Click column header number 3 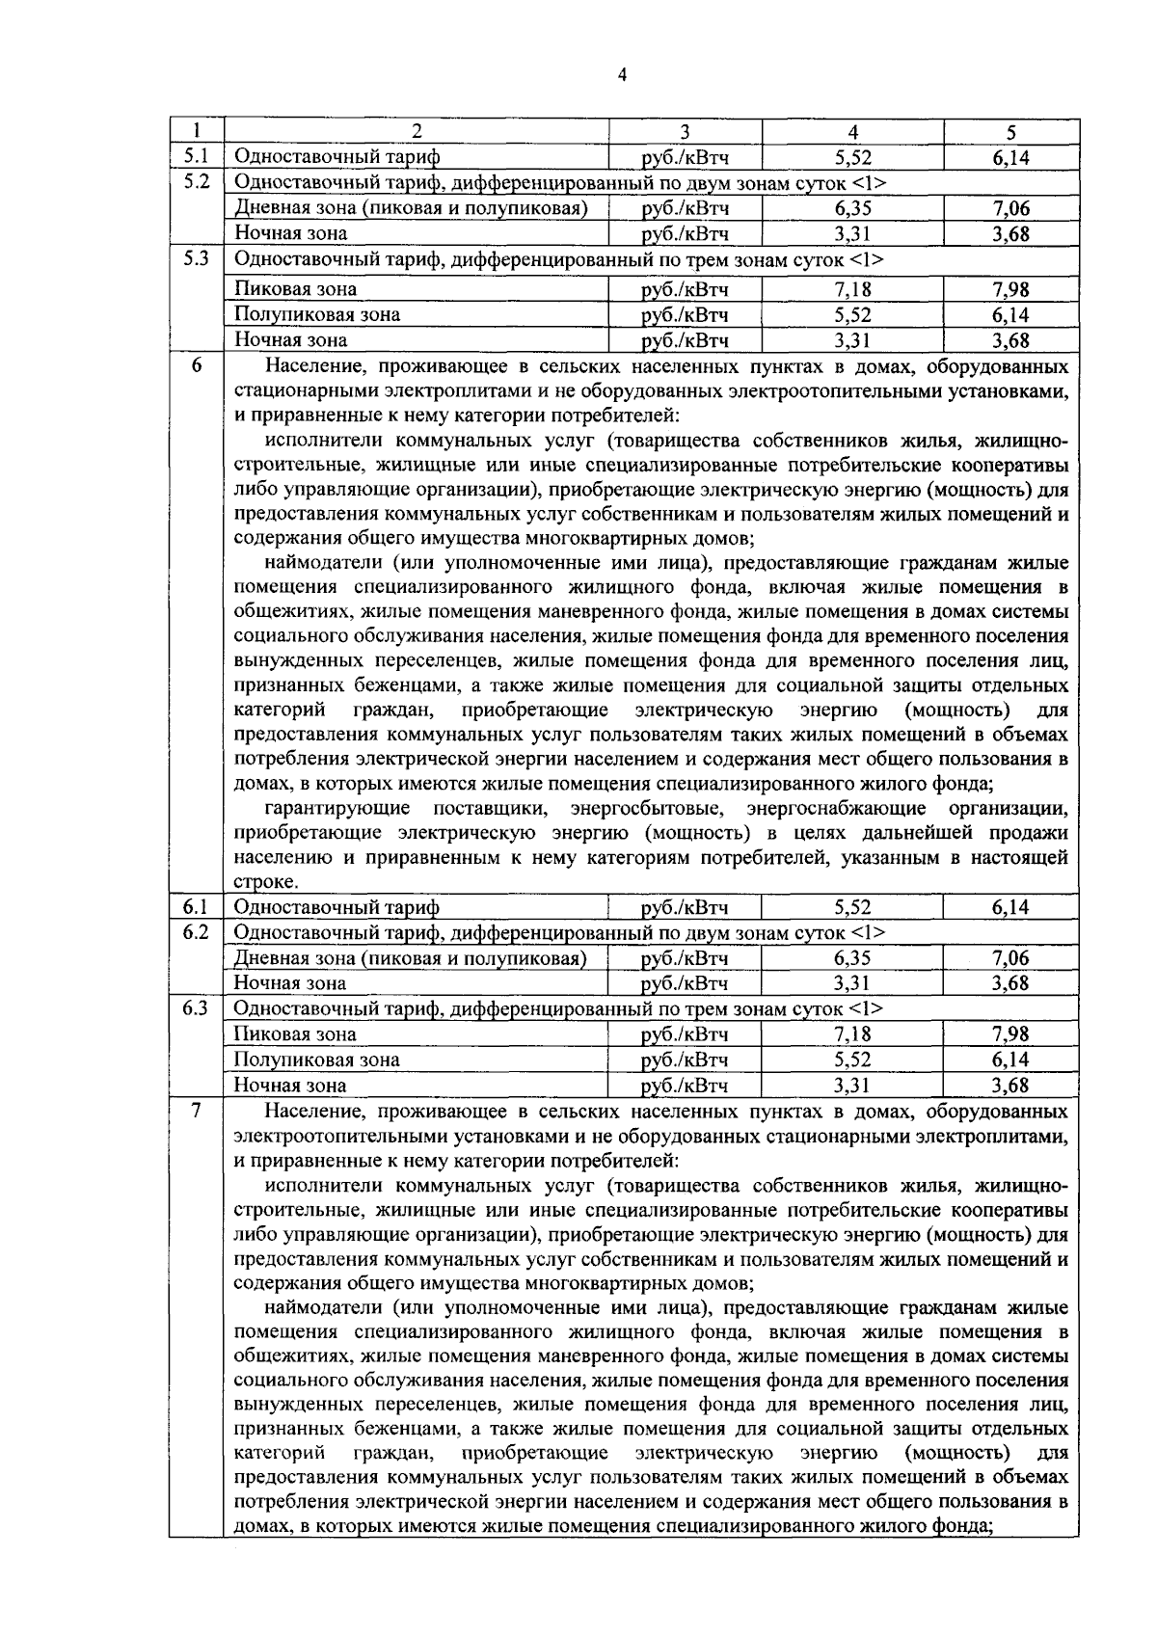[685, 132]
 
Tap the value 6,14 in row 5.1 [1010, 157]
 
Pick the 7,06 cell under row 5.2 [1010, 208]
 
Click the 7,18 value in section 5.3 [852, 289]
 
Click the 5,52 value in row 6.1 [852, 907]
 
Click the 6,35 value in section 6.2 [852, 958]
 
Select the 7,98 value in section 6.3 [1010, 1034]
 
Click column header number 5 [1010, 132]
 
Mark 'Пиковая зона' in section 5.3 [296, 289]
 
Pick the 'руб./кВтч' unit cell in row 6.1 [685, 907]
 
